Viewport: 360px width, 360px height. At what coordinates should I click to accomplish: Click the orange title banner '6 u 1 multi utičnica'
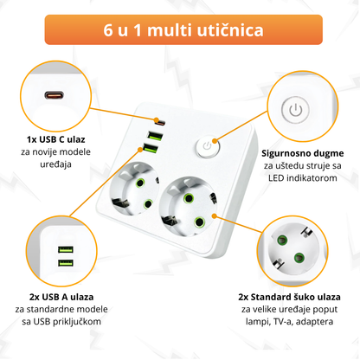click(x=180, y=30)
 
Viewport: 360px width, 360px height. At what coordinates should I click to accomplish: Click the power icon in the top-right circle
click(x=296, y=110)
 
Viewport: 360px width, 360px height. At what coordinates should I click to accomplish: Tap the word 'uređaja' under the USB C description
click(x=55, y=165)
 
